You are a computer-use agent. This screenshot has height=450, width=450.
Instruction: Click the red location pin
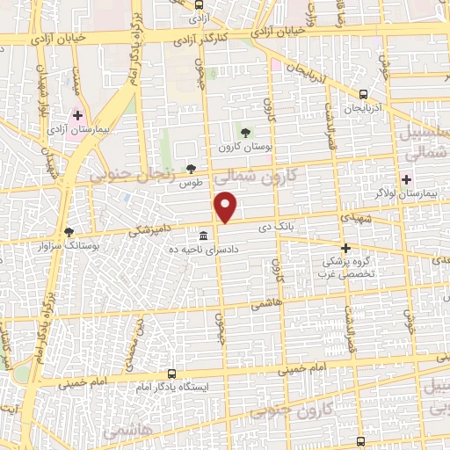[x=227, y=207]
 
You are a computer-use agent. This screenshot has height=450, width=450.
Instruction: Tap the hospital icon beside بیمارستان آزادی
[x=77, y=115]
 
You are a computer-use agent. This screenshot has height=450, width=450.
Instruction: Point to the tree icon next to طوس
[x=192, y=168]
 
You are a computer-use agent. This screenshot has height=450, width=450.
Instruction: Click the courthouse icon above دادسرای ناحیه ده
[x=204, y=236]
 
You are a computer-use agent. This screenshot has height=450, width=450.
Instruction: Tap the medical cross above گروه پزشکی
[x=346, y=248]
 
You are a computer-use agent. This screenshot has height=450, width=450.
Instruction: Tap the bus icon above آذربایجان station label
[x=363, y=95]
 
